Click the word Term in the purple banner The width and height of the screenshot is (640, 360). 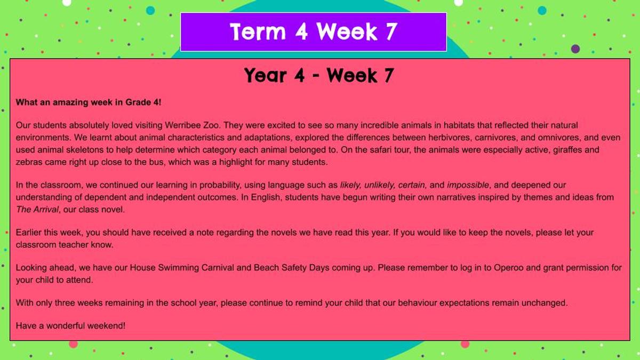[x=258, y=31]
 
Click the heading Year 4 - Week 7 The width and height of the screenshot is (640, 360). [x=319, y=75]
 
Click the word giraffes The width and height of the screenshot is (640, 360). [x=566, y=150]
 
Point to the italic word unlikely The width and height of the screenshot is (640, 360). [x=379, y=185]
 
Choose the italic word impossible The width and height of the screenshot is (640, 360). [x=468, y=185]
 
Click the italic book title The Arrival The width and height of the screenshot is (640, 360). [x=37, y=210]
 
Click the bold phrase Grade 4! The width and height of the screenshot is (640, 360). [x=143, y=102]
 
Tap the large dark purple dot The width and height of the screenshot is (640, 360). [x=575, y=49]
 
